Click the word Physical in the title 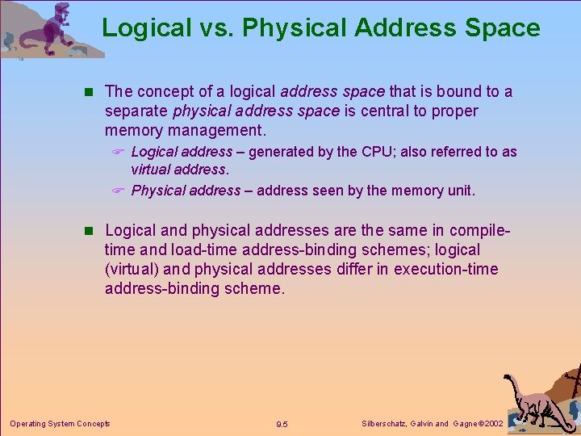pos(295,28)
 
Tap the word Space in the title pos(503,28)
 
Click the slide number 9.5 pos(282,424)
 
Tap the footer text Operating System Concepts pos(60,423)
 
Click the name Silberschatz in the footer pos(382,423)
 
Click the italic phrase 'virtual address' pos(179,170)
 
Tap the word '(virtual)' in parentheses pos(135,269)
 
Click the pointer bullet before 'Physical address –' pos(118,191)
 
